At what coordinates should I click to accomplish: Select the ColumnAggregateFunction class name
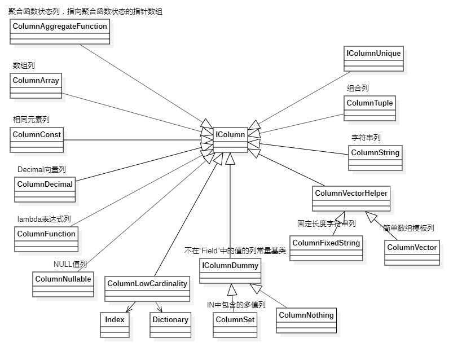(60, 26)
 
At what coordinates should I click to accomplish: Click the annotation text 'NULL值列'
(71, 264)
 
